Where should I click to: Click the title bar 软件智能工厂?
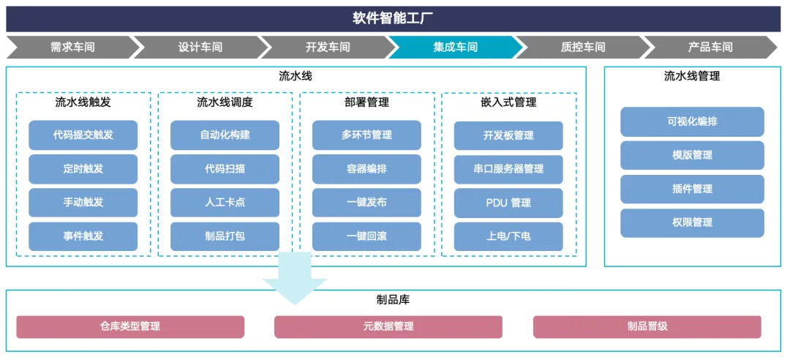coord(393,19)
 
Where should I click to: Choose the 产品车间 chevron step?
coord(710,48)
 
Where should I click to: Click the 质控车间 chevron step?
coord(583,48)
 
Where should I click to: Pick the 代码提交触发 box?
coord(83,135)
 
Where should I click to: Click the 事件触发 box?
coord(83,236)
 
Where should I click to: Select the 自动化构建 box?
coord(225,135)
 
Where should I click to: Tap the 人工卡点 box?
coord(225,203)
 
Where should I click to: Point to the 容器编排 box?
coord(366,169)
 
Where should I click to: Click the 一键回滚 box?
coord(366,236)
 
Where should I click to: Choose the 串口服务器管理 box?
coord(508,169)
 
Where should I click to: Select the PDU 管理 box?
coord(508,203)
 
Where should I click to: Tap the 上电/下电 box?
coord(508,236)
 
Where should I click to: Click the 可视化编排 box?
coord(692,121)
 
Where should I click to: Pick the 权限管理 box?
coord(692,223)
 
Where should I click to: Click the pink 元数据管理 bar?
coord(388,327)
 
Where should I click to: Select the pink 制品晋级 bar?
coord(647,327)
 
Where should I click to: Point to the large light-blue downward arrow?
coord(295,278)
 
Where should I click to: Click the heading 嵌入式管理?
coord(509,103)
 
